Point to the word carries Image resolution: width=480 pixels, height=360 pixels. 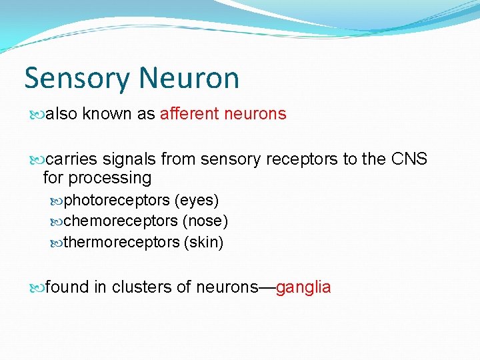(72, 159)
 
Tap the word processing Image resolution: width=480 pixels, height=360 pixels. (111, 178)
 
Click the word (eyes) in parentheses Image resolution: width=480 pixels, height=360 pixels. (197, 200)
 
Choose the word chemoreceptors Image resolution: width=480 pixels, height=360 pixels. (119, 221)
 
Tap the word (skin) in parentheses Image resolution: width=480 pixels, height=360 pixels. (203, 242)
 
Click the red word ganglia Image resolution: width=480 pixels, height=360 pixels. (303, 287)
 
